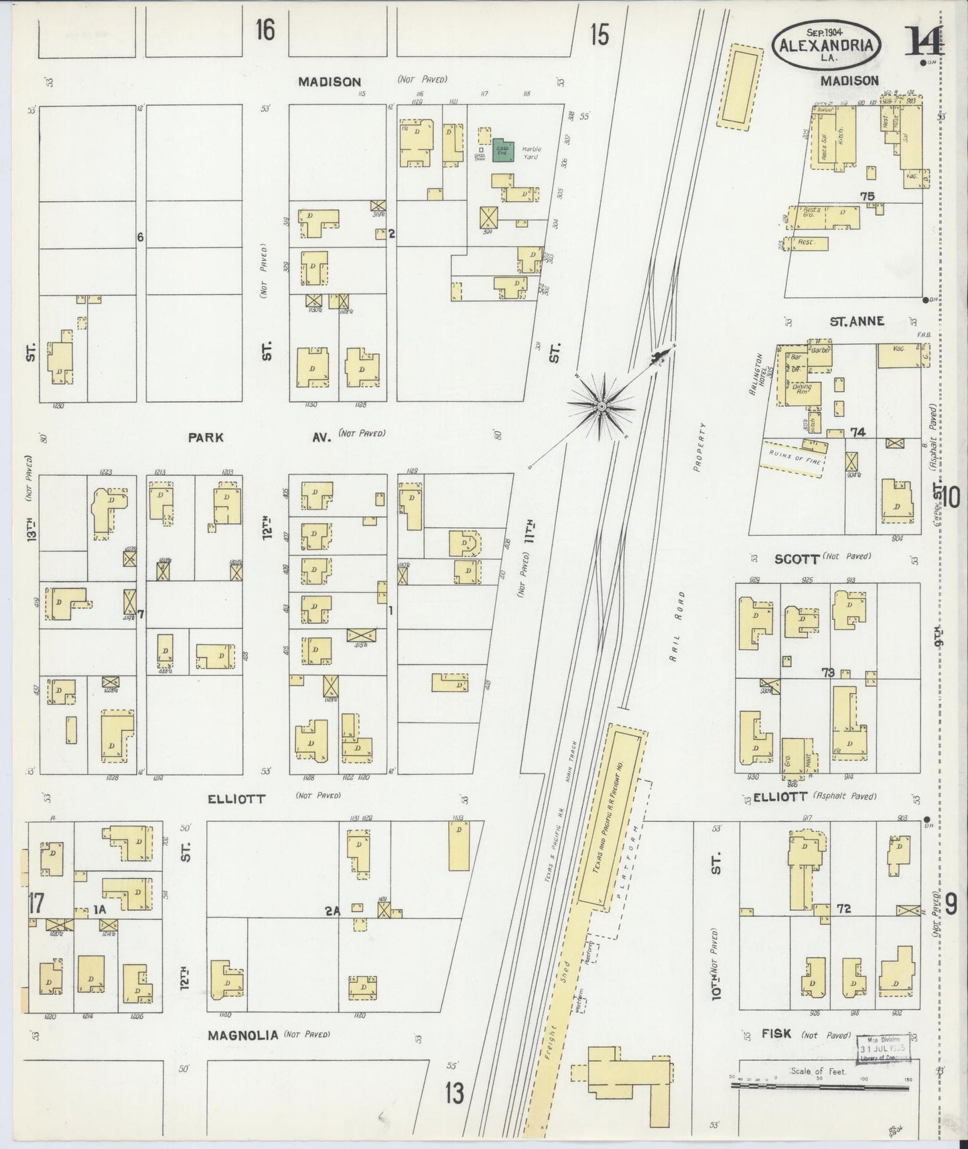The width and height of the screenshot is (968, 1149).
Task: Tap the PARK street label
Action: (205, 437)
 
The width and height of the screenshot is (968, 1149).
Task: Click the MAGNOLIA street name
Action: (243, 1054)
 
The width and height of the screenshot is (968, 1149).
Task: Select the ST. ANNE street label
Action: (857, 321)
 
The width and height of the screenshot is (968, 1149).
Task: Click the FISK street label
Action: (776, 1053)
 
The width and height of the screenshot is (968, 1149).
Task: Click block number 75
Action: (868, 196)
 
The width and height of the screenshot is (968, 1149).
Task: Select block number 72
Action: (843, 908)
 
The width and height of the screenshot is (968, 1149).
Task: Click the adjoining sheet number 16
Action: (265, 30)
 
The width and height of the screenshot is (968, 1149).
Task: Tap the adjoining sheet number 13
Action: (454, 1094)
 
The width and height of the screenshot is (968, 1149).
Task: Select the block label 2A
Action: (333, 910)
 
